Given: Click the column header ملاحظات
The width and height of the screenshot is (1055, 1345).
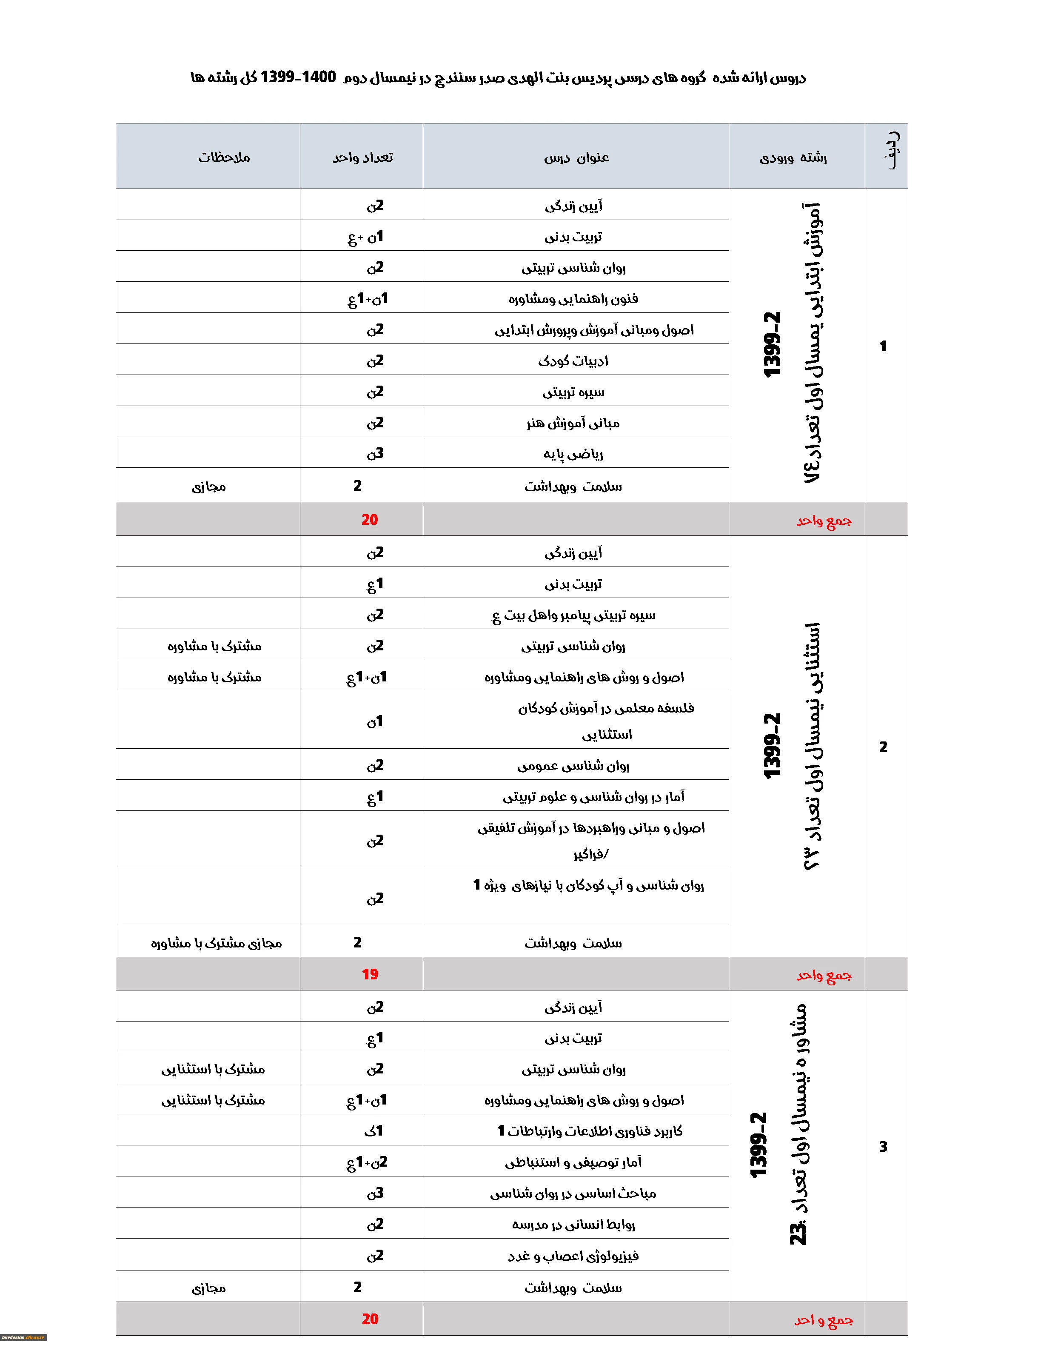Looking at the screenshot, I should click(224, 157).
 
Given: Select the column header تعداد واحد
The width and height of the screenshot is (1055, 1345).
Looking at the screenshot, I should click(362, 157).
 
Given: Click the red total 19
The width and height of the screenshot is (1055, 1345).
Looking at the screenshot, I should click(370, 975).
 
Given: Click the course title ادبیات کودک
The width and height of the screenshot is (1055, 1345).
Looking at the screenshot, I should click(573, 361).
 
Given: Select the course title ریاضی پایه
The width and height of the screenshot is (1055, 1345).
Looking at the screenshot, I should click(573, 454).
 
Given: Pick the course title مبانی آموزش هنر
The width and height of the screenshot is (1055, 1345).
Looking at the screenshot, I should click(573, 424).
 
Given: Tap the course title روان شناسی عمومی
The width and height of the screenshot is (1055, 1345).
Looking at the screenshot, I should click(573, 767).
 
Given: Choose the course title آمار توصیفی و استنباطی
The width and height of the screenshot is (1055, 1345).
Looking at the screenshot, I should click(573, 1163).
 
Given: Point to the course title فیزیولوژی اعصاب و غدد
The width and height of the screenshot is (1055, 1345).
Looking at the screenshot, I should click(573, 1256).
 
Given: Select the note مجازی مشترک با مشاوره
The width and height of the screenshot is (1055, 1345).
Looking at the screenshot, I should click(216, 943).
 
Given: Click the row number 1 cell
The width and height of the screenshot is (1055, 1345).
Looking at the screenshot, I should click(883, 346).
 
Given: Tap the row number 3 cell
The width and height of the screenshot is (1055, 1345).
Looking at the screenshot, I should click(883, 1147).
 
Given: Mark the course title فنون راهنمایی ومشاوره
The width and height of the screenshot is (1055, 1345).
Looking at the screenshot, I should click(573, 299).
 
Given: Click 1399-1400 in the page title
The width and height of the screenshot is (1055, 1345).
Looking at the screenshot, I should click(298, 77).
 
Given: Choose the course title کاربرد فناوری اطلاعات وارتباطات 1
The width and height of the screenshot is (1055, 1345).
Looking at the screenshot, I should click(590, 1131).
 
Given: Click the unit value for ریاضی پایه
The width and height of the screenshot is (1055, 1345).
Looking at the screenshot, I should click(375, 454).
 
